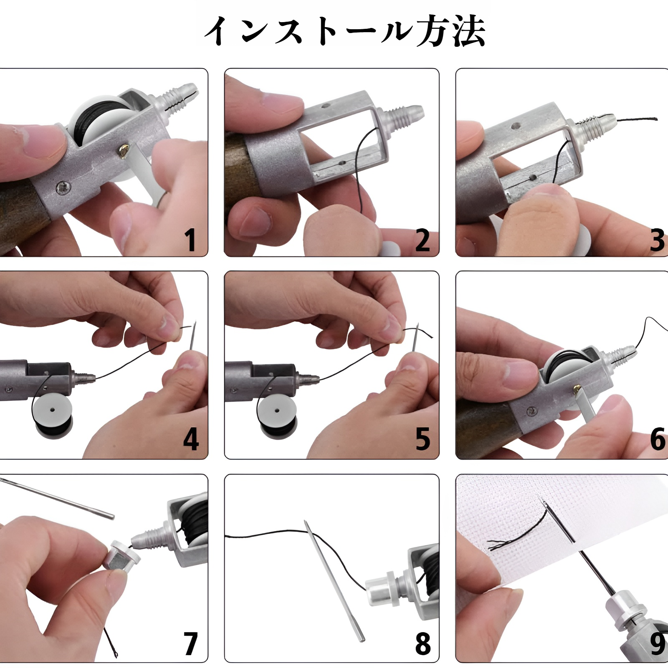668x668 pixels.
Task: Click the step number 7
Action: point(190,643)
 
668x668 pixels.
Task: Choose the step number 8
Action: point(423,643)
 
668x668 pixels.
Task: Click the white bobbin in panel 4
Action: point(52,412)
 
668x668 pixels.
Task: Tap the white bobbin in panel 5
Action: point(276,412)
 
